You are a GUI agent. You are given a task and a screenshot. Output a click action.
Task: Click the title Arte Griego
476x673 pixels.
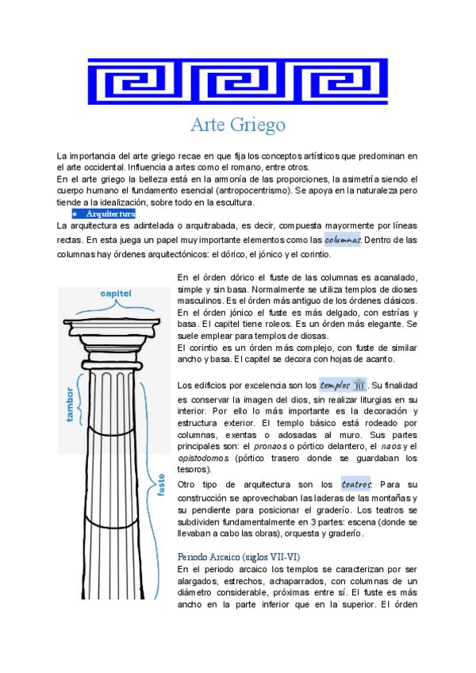[x=238, y=125]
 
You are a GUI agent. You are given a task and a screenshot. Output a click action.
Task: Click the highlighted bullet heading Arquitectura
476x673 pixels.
[x=110, y=214]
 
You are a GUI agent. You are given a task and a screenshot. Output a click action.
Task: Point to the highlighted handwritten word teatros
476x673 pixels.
[x=355, y=484]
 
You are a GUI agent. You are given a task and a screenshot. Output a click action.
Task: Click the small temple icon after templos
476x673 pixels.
[x=359, y=386]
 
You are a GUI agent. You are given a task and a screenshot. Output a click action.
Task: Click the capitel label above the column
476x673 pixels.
[x=116, y=293]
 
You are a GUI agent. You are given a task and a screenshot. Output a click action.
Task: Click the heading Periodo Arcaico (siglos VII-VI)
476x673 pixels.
[x=239, y=556]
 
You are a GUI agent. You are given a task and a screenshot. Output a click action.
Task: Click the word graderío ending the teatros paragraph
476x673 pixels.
[x=344, y=534]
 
